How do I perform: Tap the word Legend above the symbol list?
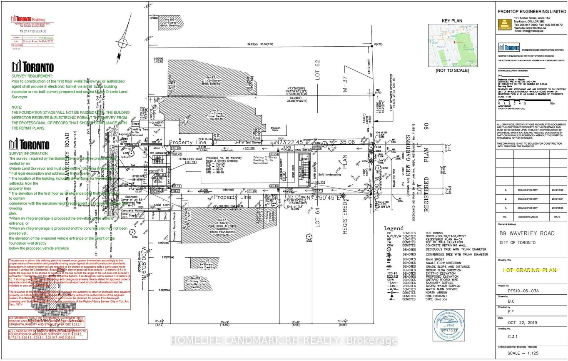pos(394,228)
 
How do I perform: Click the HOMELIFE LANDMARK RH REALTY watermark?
pos(284,341)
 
